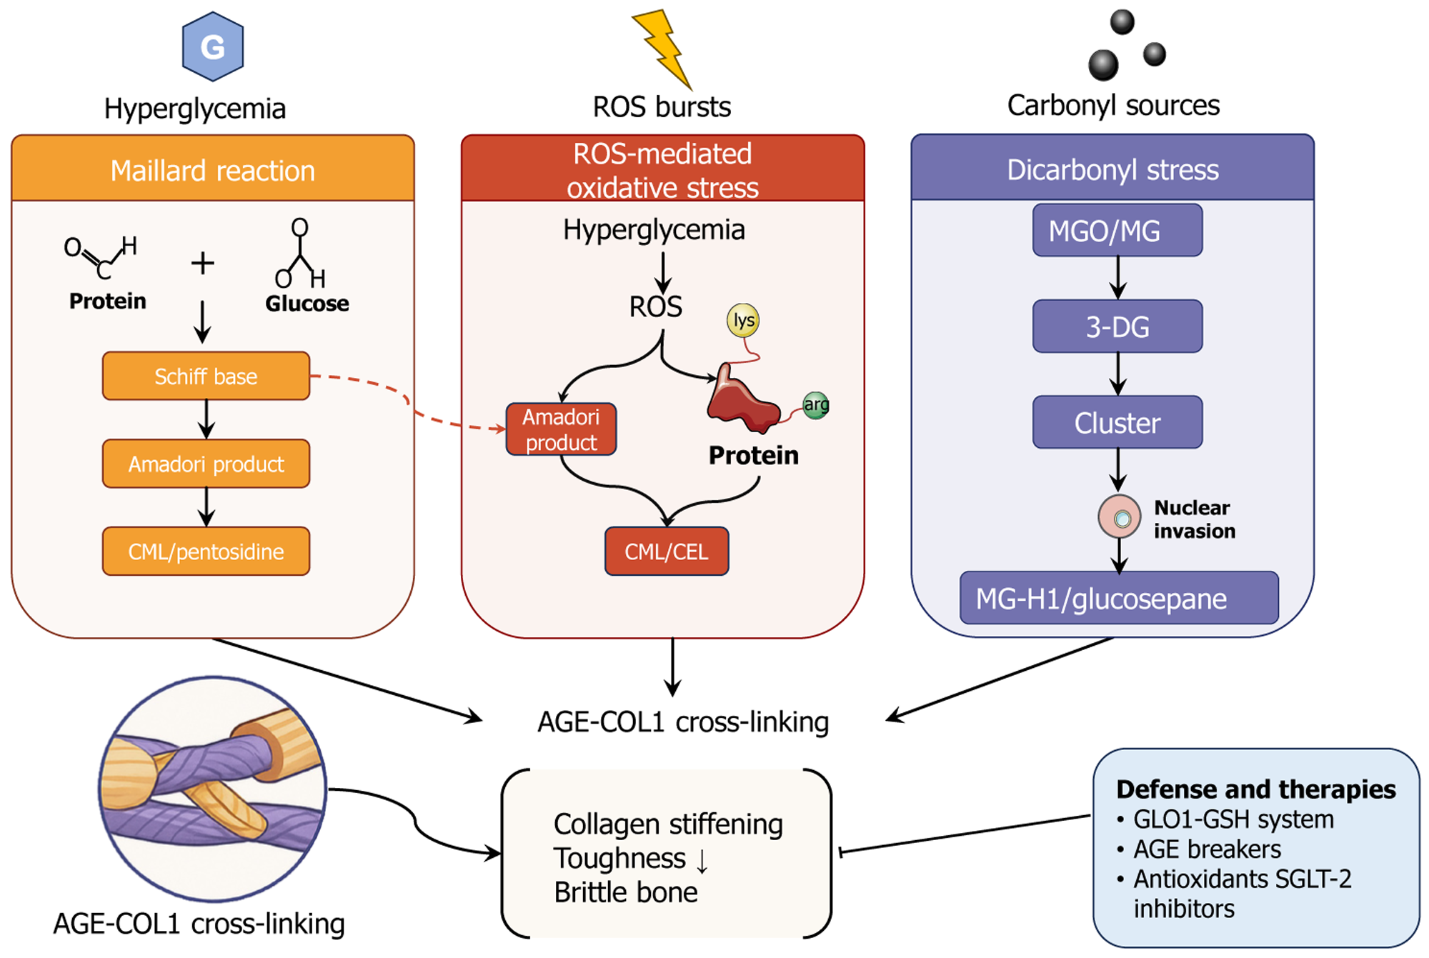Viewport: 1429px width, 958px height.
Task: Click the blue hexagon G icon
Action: click(213, 46)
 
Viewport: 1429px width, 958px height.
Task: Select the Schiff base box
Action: click(206, 376)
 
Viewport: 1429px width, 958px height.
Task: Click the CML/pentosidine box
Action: click(206, 552)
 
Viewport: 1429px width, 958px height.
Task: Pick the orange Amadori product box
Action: click(206, 464)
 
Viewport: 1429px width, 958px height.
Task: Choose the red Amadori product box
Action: click(561, 429)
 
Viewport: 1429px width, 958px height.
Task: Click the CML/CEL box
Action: click(667, 552)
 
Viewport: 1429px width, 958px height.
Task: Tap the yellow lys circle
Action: click(743, 320)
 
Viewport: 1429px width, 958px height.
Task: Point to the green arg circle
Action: click(815, 405)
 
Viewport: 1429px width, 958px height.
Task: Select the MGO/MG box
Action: click(1117, 231)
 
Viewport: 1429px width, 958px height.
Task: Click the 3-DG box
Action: click(1117, 326)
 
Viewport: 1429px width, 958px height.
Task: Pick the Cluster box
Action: click(1117, 423)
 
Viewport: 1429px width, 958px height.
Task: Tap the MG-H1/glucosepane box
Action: click(1119, 598)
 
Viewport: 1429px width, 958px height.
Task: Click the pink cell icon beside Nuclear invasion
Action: click(1119, 517)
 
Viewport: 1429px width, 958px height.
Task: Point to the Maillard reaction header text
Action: click(213, 171)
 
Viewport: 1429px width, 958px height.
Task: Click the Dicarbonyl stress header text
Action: click(1112, 170)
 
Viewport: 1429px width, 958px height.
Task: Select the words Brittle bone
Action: click(626, 892)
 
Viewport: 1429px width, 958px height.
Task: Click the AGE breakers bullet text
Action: click(1207, 849)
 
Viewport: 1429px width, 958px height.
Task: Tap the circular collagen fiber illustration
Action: click(213, 789)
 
